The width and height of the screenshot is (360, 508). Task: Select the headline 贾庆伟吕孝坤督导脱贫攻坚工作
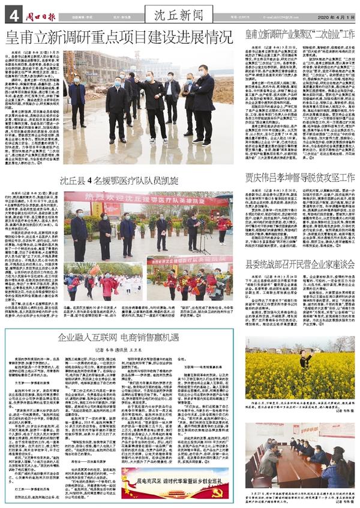[x=300, y=178]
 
